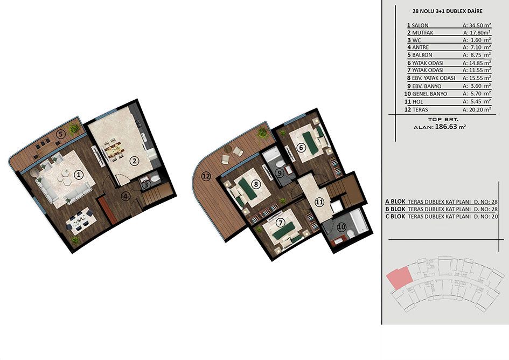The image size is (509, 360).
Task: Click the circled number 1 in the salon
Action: pos(79,175)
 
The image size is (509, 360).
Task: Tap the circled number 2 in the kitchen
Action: pos(134,161)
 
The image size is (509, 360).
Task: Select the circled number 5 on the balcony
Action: pos(60,133)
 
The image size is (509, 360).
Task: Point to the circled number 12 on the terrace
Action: pos(206,176)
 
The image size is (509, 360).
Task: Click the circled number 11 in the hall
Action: pos(320,202)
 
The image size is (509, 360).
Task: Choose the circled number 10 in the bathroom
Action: pos(341,227)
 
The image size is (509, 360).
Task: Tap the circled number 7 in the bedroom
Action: pos(280,223)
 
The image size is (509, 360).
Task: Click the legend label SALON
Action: pos(420,25)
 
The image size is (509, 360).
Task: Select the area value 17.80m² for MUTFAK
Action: pos(477,32)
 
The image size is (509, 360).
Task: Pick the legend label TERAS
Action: pos(420,110)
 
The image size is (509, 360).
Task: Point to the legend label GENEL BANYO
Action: pos(429,94)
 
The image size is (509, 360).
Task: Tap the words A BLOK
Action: pos(395,202)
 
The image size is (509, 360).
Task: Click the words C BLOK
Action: pos(395,217)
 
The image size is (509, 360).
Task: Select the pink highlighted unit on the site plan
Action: pos(399,279)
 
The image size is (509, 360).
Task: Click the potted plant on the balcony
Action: pos(74,129)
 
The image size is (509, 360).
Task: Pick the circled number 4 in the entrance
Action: pos(125,196)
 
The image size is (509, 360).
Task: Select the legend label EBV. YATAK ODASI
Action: pos(434,78)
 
